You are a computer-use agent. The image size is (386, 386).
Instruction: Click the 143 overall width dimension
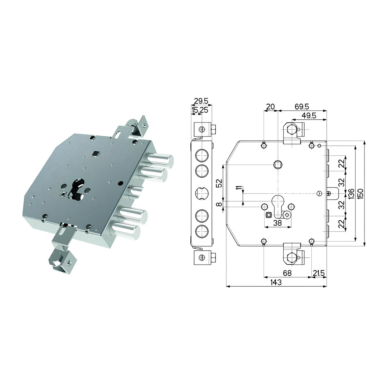(x=276, y=282)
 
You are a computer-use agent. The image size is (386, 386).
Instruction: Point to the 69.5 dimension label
(x=302, y=106)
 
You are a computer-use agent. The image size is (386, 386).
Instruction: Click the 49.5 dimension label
(x=309, y=115)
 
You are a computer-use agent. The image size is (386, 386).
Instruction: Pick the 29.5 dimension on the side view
(x=201, y=101)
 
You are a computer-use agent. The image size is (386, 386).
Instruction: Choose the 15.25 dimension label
(x=200, y=110)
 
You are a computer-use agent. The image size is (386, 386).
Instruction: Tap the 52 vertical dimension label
(x=220, y=183)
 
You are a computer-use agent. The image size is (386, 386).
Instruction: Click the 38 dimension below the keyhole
(x=277, y=223)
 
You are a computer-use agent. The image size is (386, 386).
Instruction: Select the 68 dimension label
(x=287, y=273)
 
